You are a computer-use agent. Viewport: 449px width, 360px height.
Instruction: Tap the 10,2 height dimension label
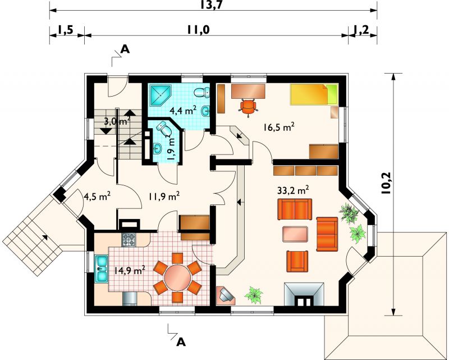[x=387, y=184]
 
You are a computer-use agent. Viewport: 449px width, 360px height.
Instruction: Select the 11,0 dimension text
[x=199, y=30]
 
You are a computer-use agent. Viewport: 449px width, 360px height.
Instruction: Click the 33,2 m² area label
[x=293, y=190]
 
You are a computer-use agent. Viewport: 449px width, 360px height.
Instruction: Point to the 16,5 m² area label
[x=278, y=127]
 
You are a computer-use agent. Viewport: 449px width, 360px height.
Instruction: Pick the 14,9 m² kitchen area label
[x=130, y=270]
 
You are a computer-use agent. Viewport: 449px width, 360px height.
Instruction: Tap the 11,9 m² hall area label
[x=164, y=197]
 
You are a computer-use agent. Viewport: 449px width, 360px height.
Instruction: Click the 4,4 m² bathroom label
[x=183, y=110]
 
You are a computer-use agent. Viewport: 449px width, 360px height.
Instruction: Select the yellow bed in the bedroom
[x=314, y=94]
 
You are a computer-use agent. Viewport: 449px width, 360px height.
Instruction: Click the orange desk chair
[x=248, y=107]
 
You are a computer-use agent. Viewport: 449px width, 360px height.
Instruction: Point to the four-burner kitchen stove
[x=129, y=240]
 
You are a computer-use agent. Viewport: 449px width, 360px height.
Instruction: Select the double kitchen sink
[x=101, y=268]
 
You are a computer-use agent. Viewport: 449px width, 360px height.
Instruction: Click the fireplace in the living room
[x=304, y=295]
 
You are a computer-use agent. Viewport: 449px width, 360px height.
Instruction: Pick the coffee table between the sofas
[x=295, y=234]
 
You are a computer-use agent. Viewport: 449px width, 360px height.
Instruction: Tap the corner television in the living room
[x=226, y=295]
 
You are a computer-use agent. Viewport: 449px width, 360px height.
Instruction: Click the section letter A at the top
[x=125, y=49]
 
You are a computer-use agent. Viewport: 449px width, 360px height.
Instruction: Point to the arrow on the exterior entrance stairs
[x=45, y=237]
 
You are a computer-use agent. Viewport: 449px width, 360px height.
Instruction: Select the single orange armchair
[x=297, y=261]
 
